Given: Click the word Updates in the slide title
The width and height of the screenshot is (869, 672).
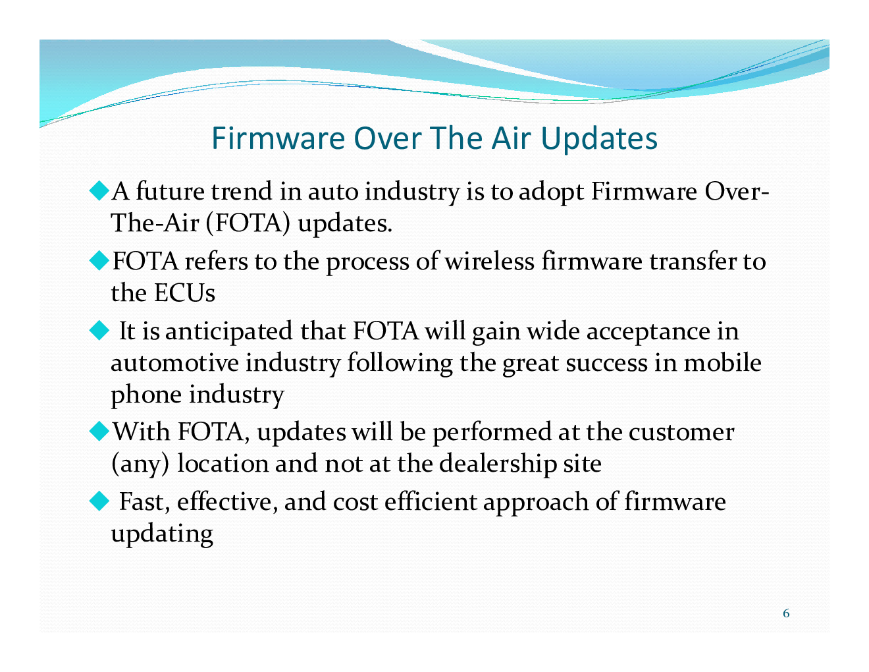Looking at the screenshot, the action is click(599, 139).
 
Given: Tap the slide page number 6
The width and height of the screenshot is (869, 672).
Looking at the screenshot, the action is click(786, 613).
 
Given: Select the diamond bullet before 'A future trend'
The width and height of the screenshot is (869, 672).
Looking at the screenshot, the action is click(99, 191).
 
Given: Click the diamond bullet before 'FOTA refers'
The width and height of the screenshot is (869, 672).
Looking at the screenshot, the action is click(99, 261).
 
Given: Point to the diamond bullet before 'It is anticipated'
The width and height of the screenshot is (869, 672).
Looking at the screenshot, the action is click(99, 331).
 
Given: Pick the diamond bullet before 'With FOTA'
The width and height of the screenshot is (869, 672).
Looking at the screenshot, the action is click(99, 432).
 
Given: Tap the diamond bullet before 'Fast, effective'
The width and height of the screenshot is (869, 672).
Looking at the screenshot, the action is click(99, 501).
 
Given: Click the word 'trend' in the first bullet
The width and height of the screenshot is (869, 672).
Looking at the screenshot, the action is click(242, 192).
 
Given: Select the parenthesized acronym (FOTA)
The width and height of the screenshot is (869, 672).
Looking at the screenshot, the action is click(248, 223).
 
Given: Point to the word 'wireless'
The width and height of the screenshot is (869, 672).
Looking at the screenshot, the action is click(490, 262).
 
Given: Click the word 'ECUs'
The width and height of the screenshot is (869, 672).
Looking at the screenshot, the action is click(184, 293).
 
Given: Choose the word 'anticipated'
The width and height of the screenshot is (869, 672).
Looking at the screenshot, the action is click(228, 332).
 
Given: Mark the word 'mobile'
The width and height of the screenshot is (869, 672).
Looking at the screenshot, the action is click(722, 363).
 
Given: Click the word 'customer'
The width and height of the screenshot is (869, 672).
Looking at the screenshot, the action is click(681, 433).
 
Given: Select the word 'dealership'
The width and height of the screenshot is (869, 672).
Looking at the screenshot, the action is click(498, 464).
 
